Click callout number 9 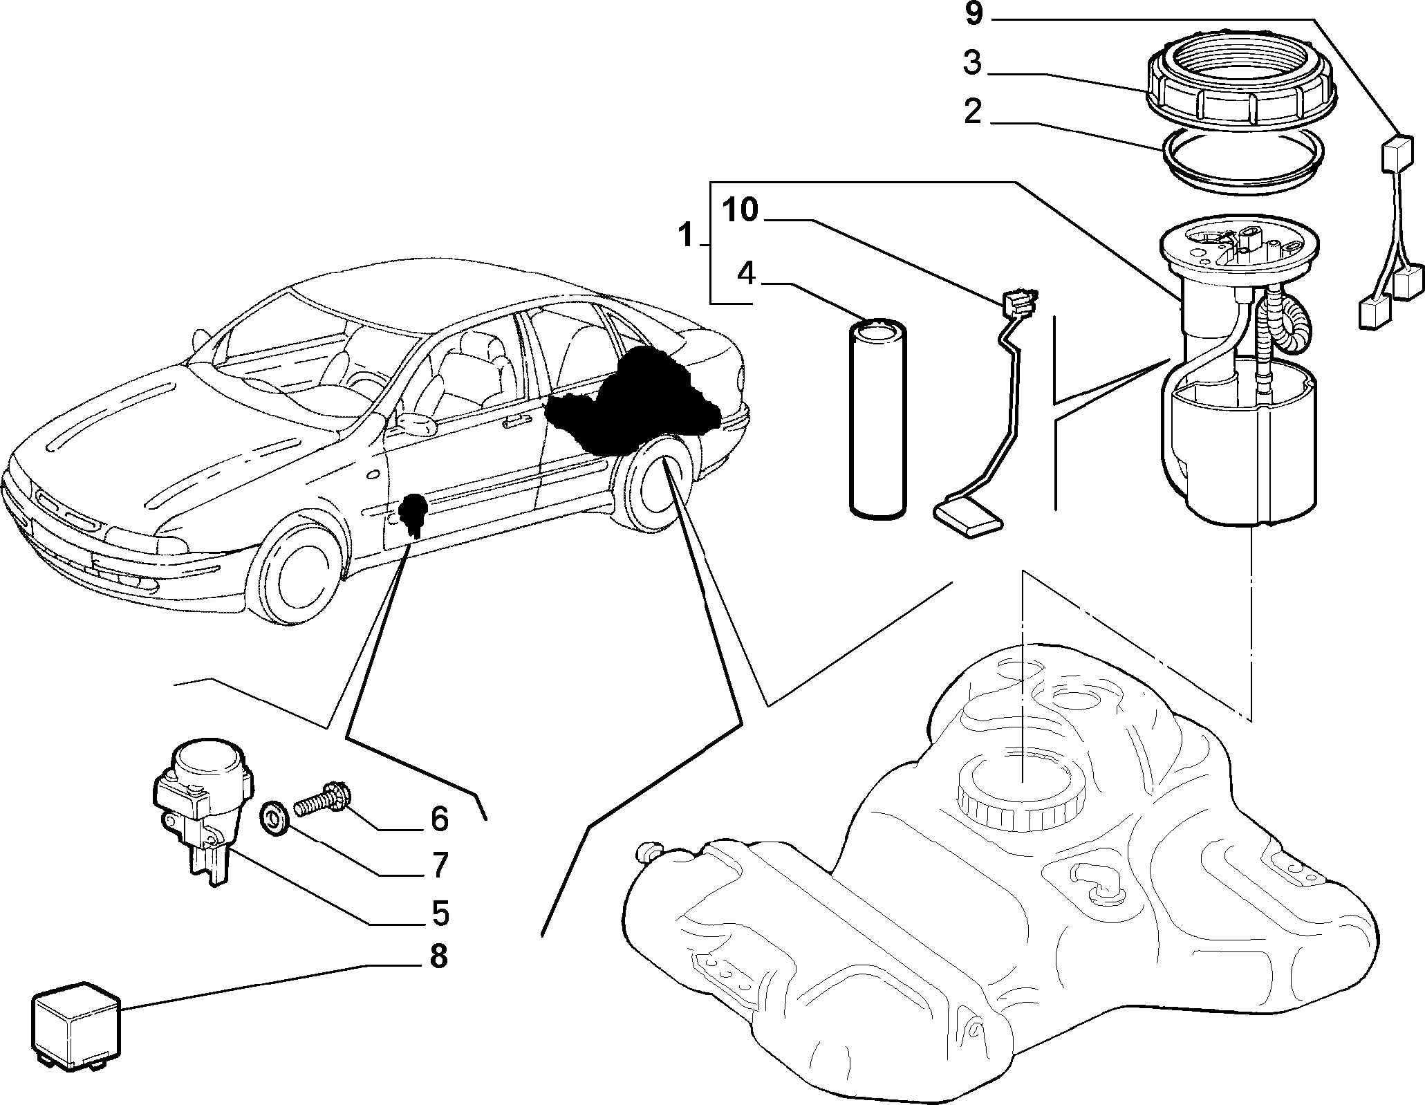pyautogui.click(x=974, y=14)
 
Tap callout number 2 pyautogui.click(x=973, y=111)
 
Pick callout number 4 pyautogui.click(x=746, y=275)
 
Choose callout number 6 pyautogui.click(x=440, y=819)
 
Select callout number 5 pyautogui.click(x=440, y=913)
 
